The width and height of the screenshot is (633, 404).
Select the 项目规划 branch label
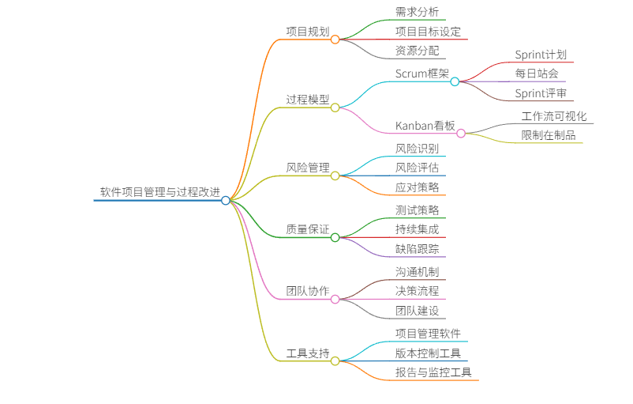coord(308,32)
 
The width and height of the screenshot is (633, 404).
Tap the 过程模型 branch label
coord(308,100)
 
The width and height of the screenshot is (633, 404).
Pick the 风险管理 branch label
coord(308,168)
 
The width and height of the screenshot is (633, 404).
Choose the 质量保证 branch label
coord(308,229)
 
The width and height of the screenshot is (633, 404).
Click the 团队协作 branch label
coord(308,291)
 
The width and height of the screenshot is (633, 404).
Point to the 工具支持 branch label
coord(308,353)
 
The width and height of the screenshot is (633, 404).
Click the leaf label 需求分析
coord(417,13)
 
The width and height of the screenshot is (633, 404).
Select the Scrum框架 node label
coord(421,74)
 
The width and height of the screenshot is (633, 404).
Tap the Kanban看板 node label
coord(425,126)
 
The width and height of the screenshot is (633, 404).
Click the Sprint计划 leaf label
coord(541,55)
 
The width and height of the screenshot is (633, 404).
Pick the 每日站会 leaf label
coord(537,74)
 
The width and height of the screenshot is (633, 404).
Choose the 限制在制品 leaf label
coord(549,135)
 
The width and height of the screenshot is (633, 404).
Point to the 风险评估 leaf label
coord(417,168)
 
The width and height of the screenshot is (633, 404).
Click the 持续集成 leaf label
coord(417,229)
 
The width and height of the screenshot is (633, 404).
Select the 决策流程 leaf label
coord(417,291)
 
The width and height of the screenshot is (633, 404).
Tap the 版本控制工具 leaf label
coord(428,353)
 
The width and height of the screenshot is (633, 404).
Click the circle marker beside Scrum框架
coord(455,81)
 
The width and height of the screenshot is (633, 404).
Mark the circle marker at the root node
coord(226,201)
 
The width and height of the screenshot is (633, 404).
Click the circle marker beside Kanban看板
coord(461,134)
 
